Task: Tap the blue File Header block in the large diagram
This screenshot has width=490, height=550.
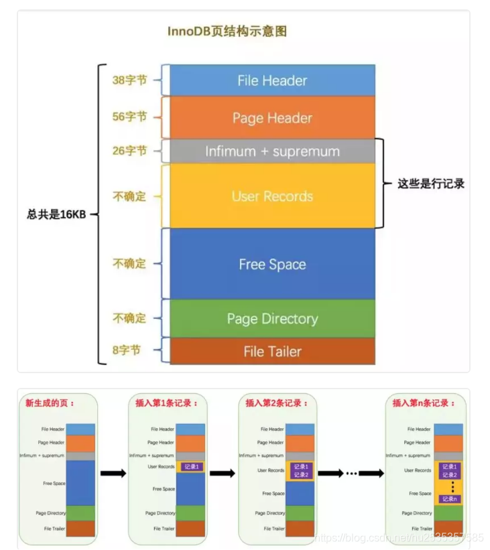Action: pyautogui.click(x=272, y=80)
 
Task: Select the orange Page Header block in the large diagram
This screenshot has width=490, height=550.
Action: pyautogui.click(x=272, y=118)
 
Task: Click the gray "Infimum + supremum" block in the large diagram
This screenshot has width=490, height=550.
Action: pyautogui.click(x=272, y=151)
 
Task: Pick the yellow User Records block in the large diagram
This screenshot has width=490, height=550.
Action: pyautogui.click(x=272, y=196)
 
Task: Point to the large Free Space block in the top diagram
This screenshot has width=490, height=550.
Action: pyautogui.click(x=272, y=264)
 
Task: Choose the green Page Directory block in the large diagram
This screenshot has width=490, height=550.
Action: pyautogui.click(x=272, y=319)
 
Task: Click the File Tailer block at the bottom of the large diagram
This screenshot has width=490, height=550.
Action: pyautogui.click(x=272, y=351)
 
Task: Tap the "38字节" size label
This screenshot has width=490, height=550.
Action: pyautogui.click(x=129, y=80)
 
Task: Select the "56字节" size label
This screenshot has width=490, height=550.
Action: pyautogui.click(x=129, y=117)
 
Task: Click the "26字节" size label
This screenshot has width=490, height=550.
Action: pyautogui.click(x=129, y=151)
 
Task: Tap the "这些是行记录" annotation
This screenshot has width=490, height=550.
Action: pyautogui.click(x=431, y=184)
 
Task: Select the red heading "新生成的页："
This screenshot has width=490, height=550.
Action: pyautogui.click(x=51, y=403)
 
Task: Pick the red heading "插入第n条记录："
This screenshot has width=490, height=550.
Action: pyautogui.click(x=424, y=403)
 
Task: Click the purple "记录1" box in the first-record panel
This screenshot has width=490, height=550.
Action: pyautogui.click(x=190, y=466)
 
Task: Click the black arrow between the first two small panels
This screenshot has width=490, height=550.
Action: pyautogui.click(x=113, y=474)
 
